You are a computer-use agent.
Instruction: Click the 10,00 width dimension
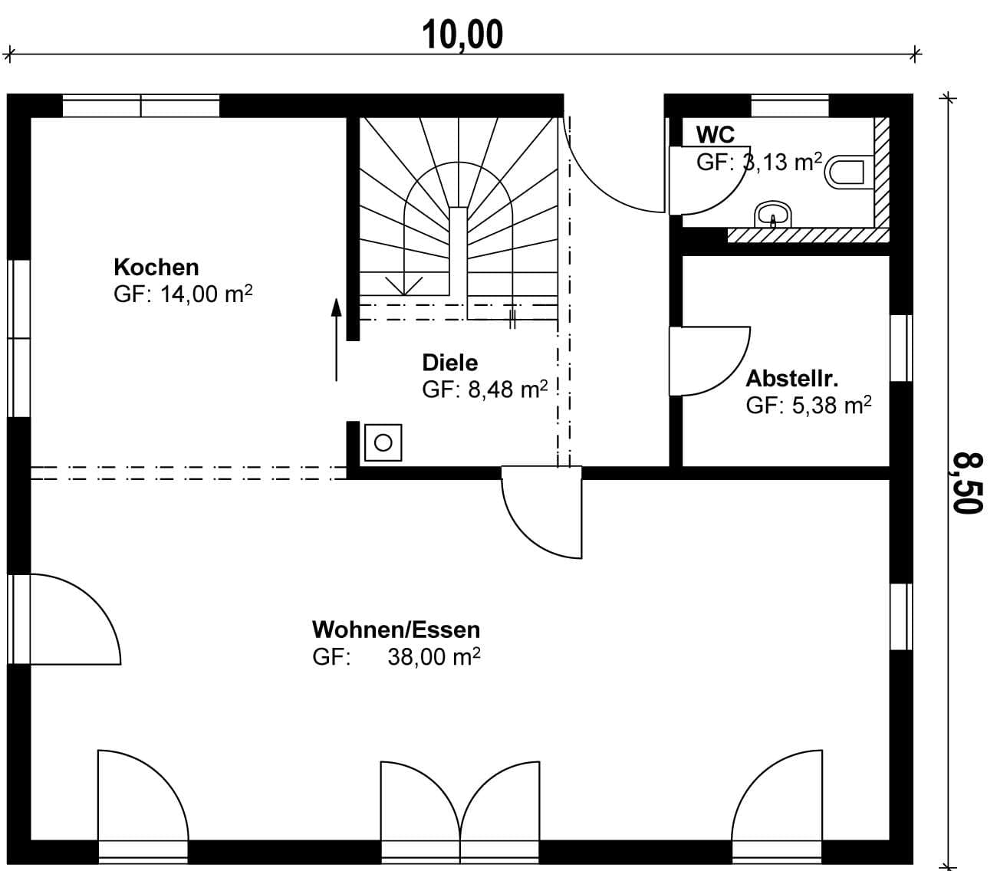tap(462, 35)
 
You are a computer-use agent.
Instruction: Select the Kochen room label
tap(156, 268)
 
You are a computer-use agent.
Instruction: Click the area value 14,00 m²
tap(206, 294)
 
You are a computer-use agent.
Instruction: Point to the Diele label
tap(449, 363)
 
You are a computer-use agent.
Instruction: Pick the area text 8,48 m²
tap(508, 389)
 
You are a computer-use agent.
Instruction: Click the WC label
tap(716, 135)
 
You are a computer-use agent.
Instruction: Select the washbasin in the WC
tap(773, 215)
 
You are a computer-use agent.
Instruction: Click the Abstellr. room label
tap(792, 379)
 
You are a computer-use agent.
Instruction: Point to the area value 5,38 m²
tap(831, 406)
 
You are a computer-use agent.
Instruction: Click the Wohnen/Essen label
tap(396, 630)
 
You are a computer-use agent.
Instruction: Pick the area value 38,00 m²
tap(433, 657)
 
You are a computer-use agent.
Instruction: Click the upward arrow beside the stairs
tap(336, 340)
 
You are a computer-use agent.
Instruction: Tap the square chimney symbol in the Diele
tap(383, 442)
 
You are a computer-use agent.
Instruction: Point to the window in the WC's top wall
tap(790, 106)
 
